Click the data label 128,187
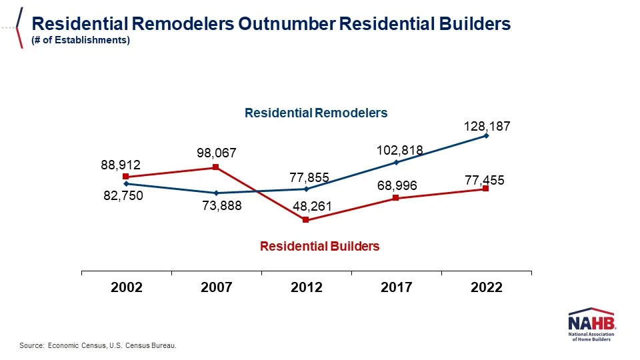(x=487, y=125)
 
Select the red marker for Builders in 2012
(x=306, y=220)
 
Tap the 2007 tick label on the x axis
(x=216, y=287)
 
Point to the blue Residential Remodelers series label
(x=316, y=113)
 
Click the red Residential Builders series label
(x=319, y=246)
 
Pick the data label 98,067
(x=217, y=153)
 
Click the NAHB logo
(x=591, y=325)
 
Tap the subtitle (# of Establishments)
(x=81, y=40)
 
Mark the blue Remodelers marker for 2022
(x=486, y=135)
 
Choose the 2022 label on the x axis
(x=486, y=287)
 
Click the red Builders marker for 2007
(x=216, y=167)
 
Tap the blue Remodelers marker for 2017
(x=396, y=162)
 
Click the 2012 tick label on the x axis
(x=306, y=287)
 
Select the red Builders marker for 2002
(x=125, y=177)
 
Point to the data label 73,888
(x=221, y=206)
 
